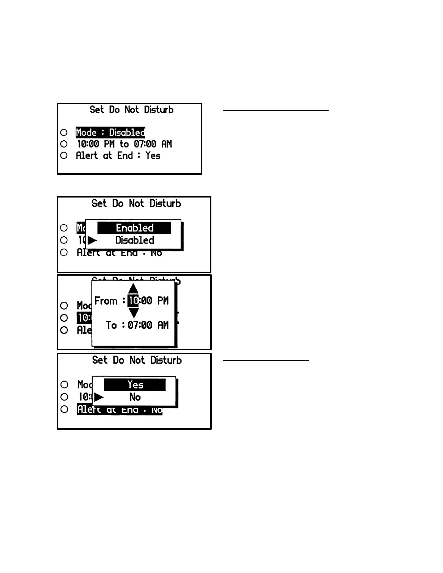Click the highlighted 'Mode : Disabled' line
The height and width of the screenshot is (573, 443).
tap(110, 132)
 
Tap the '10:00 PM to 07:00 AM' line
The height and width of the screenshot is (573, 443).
tap(124, 144)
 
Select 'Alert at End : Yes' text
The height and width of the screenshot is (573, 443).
tap(118, 156)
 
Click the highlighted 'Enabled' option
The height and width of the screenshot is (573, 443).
tap(134, 228)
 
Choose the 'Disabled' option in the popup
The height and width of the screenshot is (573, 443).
tap(135, 240)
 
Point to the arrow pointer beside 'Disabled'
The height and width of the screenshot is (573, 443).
tap(92, 240)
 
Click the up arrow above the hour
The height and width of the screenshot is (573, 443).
tap(134, 289)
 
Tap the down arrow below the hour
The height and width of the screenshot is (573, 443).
tap(134, 313)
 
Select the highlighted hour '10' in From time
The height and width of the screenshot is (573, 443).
tap(133, 301)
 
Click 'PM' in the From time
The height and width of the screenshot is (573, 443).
tap(163, 301)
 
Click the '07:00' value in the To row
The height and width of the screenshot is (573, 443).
tap(140, 325)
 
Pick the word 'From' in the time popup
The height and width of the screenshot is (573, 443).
tap(106, 301)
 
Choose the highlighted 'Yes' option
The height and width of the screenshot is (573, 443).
tap(135, 385)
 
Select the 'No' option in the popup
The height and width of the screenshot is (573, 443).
tap(135, 397)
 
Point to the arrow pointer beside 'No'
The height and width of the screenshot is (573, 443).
tap(99, 397)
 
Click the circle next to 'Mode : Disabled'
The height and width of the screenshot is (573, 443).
tap(64, 132)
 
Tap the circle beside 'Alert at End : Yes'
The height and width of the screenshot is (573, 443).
tap(64, 156)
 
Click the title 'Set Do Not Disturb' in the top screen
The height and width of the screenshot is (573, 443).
tap(131, 110)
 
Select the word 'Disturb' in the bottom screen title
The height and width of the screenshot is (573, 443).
tap(166, 360)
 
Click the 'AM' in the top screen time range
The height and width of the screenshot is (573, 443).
tap(166, 144)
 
